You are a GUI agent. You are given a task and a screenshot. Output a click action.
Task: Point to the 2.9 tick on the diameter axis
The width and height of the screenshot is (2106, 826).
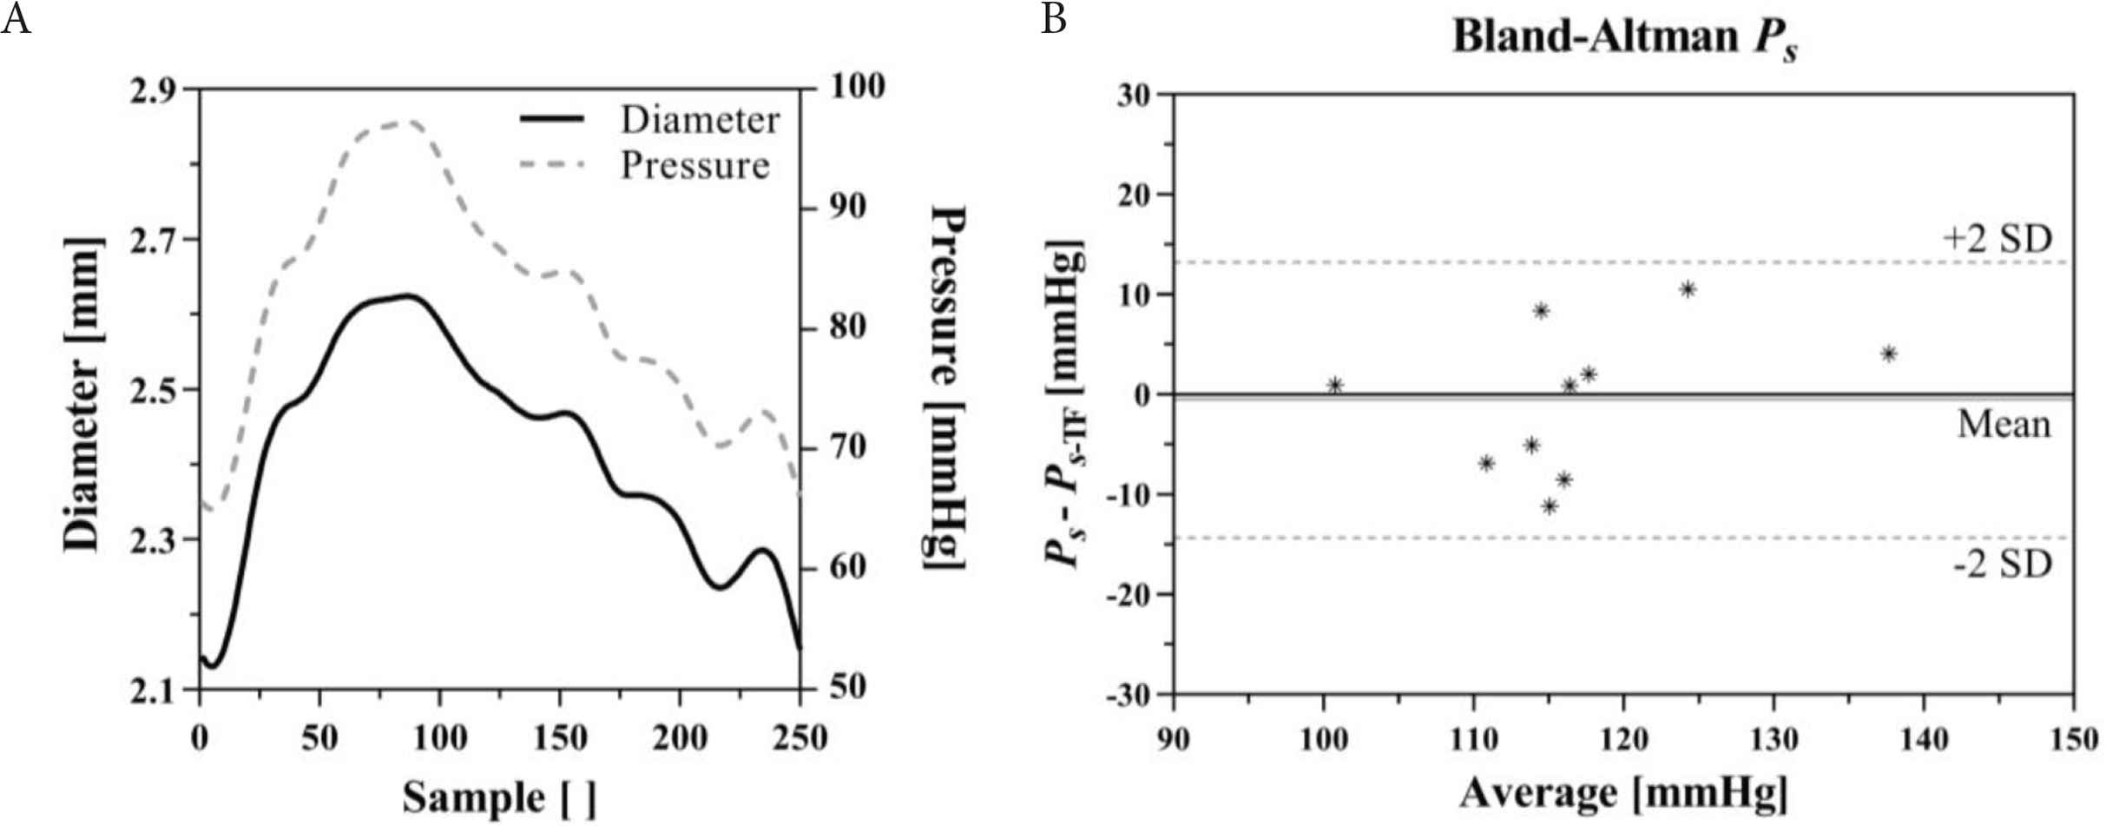pos(152,90)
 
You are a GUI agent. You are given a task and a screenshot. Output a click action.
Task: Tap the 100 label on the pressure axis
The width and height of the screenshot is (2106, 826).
pos(857,86)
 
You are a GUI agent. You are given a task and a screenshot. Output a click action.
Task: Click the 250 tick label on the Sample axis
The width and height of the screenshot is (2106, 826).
pos(799,738)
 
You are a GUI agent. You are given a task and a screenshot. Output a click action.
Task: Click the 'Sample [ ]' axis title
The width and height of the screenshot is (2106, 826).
pos(499,796)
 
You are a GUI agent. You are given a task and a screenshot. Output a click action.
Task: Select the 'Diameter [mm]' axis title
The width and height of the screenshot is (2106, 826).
pos(84,393)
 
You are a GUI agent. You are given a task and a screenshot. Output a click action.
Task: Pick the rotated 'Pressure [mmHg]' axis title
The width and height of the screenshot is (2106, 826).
pos(946,388)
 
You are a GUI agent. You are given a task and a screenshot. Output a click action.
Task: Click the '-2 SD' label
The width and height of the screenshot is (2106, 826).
pos(2003,565)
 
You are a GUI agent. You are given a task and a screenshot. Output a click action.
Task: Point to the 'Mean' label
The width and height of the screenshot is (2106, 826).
pos(2004,425)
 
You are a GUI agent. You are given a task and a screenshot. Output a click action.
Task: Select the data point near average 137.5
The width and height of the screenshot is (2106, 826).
pos(1888,354)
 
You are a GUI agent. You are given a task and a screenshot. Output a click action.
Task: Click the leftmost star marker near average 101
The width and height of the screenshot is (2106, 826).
pos(1335,386)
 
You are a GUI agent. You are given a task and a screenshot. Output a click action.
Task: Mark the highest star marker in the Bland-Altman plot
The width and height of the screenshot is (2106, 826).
pos(1688,289)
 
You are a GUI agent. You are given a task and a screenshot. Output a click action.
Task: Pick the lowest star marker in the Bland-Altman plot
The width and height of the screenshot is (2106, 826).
pos(1550,506)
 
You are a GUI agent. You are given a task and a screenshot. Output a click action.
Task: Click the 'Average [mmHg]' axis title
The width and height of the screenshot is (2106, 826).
pos(1623,793)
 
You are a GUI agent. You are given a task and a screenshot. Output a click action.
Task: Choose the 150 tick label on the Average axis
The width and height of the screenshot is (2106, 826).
pos(2073,740)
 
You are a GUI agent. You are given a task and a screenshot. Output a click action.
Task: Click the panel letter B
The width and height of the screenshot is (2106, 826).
pos(1053,18)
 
